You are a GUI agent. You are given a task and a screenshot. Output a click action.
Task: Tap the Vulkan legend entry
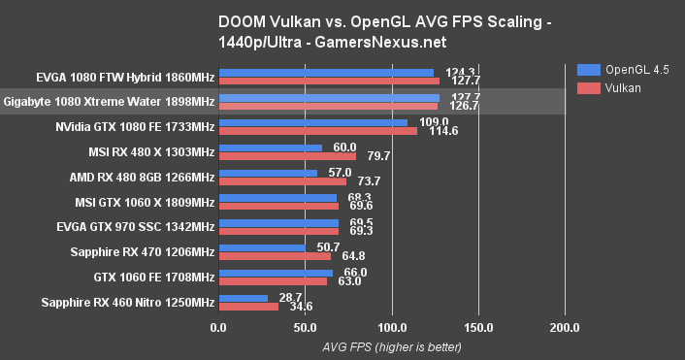pos(610,87)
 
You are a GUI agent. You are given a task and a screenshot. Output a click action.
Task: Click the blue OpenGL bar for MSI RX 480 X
pos(271,147)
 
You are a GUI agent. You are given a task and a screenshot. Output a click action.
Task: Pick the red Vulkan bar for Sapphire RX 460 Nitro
pos(249,307)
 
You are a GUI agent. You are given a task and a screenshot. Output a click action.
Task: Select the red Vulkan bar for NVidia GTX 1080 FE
pos(318,131)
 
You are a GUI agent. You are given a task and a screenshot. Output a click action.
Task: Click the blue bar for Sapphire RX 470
pos(263,248)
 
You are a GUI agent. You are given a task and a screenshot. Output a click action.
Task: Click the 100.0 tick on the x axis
pos(393,327)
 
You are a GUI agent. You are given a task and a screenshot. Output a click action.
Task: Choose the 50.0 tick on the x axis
pos(307,327)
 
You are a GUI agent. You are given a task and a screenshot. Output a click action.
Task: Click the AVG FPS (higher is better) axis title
pos(392,346)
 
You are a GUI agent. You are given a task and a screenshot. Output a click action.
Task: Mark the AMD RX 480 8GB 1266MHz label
pos(142,177)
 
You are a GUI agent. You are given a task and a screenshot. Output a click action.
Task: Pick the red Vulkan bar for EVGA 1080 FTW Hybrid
pos(330,81)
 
